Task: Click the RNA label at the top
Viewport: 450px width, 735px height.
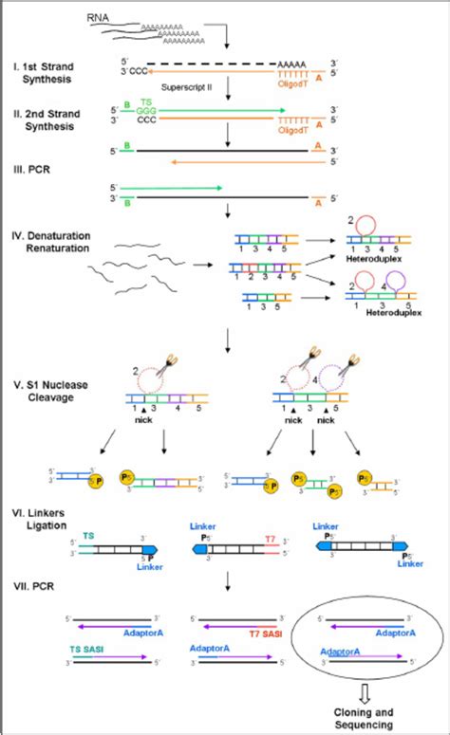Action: click(x=124, y=18)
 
